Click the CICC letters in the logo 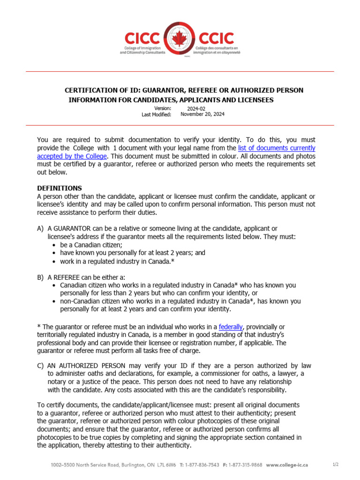(x=143, y=37)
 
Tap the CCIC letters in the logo (x=217, y=37)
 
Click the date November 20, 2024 (x=202, y=114)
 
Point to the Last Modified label (x=156, y=114)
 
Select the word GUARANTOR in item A (x=70, y=228)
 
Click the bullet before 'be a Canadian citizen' (x=55, y=245)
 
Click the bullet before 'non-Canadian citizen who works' (x=55, y=301)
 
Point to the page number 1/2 (x=336, y=465)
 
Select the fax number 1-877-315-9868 (x=246, y=465)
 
